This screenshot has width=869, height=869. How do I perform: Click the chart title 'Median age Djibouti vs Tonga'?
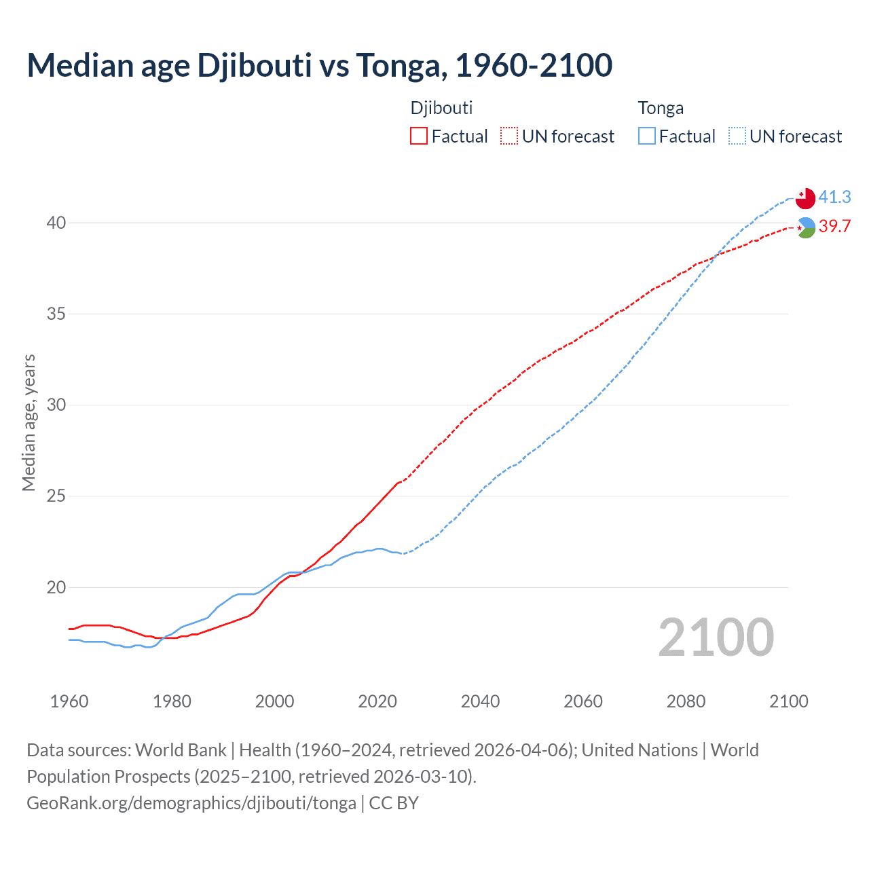(x=319, y=65)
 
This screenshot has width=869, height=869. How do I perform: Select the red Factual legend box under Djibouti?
(x=419, y=136)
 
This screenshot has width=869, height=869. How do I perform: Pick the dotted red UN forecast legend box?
(x=509, y=136)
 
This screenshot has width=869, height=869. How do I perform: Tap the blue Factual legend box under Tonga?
(x=647, y=136)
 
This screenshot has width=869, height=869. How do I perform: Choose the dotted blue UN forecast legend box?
(x=737, y=136)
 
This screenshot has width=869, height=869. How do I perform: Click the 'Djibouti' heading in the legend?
(x=441, y=108)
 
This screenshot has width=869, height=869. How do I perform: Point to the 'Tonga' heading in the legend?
(x=661, y=108)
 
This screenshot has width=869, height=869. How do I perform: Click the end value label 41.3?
(x=834, y=197)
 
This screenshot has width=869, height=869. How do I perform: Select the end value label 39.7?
(x=834, y=226)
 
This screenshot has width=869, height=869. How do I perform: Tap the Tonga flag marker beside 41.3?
(x=805, y=198)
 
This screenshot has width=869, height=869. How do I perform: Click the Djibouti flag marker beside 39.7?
(x=806, y=228)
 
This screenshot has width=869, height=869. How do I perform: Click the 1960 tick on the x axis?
(x=69, y=701)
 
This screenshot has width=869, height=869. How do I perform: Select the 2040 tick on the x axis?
(x=480, y=701)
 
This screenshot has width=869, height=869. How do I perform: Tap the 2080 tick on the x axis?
(x=686, y=701)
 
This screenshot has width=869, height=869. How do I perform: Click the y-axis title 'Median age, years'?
(x=29, y=422)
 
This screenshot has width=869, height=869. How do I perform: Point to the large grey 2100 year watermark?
(x=716, y=637)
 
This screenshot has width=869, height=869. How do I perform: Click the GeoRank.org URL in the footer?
(x=191, y=803)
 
